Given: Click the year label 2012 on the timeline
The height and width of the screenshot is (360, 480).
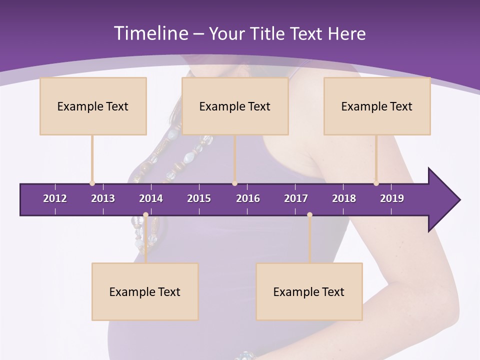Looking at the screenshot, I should tap(55, 198).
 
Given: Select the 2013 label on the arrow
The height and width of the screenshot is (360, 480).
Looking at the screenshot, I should tap(103, 198).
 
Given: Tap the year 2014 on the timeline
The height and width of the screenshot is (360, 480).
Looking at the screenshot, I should tap(151, 198).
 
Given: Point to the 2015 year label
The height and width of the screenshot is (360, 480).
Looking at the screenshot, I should tap(199, 198).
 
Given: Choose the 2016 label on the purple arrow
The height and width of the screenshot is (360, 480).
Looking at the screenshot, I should tap(248, 198).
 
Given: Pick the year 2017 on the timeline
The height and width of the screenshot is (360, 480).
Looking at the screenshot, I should tap(296, 198).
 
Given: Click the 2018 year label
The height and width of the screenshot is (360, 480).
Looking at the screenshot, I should tap(344, 198).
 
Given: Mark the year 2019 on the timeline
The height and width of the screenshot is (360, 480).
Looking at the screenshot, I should tap(392, 198).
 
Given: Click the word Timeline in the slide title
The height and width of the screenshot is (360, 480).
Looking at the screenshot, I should tap(150, 33).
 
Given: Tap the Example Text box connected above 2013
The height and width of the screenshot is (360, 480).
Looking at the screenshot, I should tap(93, 106).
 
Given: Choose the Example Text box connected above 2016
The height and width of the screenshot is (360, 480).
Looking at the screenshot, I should tap(235, 106).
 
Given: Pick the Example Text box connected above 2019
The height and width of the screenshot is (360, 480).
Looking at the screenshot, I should tap(377, 106).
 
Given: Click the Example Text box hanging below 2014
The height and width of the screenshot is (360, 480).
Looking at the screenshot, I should tap(145, 291).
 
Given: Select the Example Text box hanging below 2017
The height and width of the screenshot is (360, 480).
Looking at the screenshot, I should tap(309, 291).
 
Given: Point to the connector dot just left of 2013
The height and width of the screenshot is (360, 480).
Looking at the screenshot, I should tap(92, 183).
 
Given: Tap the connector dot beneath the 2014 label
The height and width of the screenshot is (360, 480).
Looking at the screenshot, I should tap(145, 215).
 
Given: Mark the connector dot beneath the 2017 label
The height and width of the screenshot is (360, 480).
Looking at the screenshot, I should tap(309, 215).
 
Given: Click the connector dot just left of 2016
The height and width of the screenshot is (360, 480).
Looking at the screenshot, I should tap(234, 183).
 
